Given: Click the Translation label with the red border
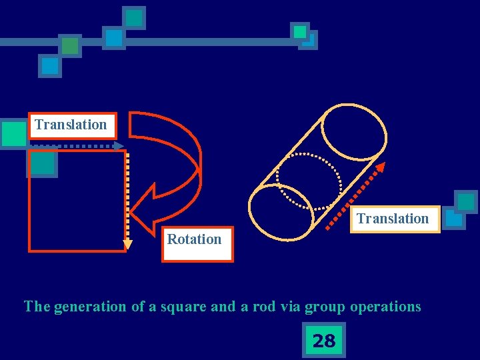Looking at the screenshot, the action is pyautogui.click(x=71, y=125).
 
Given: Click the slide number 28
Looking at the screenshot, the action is pyautogui.click(x=323, y=341).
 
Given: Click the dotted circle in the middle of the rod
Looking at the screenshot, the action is pyautogui.click(x=309, y=182).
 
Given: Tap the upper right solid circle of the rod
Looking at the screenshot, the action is pyautogui.click(x=353, y=131).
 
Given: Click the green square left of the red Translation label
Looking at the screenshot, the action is pyautogui.click(x=13, y=133).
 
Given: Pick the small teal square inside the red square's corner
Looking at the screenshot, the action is pyautogui.click(x=42, y=163).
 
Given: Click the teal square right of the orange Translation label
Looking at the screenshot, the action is pyautogui.click(x=465, y=202).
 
